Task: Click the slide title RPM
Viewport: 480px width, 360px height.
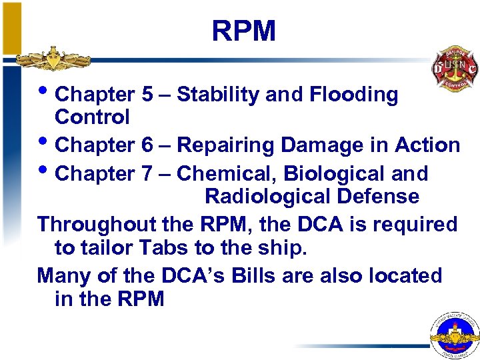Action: click(243, 31)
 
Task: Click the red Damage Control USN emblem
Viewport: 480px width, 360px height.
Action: click(453, 69)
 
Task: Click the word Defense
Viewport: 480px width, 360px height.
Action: click(384, 197)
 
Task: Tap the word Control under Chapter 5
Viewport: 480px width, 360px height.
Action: click(92, 117)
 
